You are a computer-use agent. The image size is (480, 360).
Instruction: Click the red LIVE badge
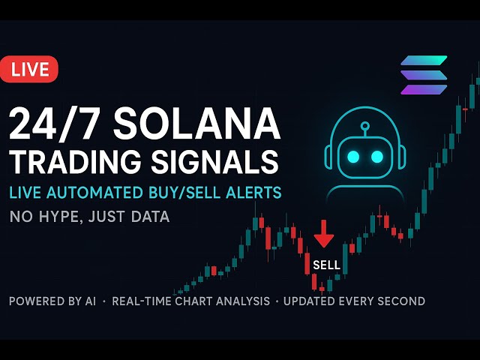(x=29, y=70)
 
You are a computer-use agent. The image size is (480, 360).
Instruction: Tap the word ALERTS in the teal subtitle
(x=254, y=193)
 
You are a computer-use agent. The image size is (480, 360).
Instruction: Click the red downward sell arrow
(x=324, y=234)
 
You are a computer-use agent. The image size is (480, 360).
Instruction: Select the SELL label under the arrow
(x=326, y=265)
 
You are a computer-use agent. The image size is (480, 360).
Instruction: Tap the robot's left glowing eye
(x=352, y=156)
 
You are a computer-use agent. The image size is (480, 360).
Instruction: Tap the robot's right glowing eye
(x=377, y=156)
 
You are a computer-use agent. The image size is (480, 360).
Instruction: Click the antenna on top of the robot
(x=364, y=126)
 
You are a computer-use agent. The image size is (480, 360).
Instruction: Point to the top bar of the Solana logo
(x=424, y=61)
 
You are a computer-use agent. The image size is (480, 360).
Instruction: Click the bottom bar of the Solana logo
(x=424, y=89)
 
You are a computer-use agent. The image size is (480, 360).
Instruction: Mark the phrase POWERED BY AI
(x=55, y=301)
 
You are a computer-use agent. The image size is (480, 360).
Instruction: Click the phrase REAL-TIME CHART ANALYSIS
(x=191, y=301)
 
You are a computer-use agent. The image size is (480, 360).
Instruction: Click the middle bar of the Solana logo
(x=424, y=75)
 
